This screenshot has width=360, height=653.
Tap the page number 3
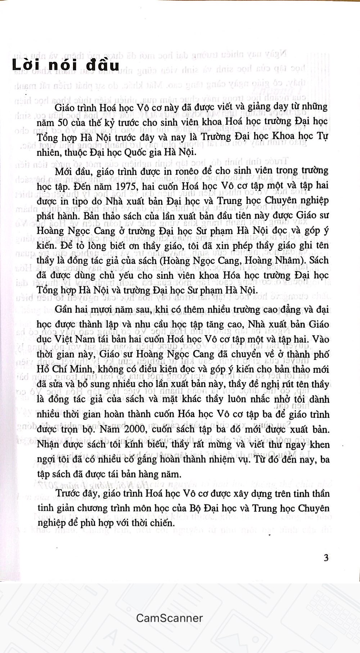tap(326, 558)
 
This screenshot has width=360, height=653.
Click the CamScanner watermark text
tap(169, 618)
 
